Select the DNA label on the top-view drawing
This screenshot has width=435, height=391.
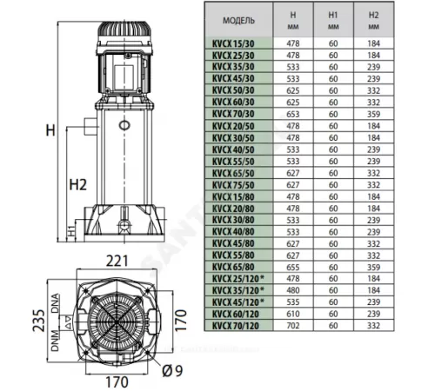click(56, 303)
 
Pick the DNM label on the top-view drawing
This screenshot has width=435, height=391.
click(56, 345)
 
